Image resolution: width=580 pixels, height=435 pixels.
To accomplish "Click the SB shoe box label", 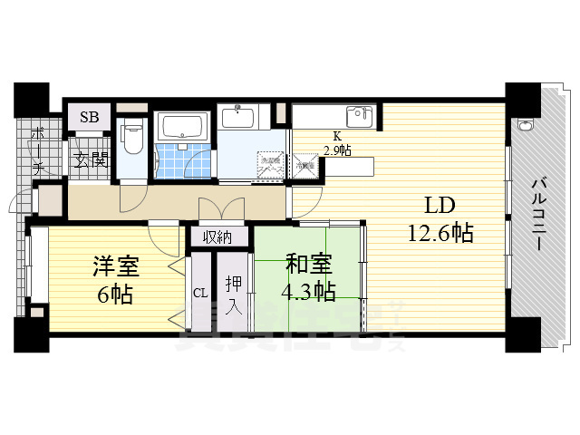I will pyautogui.click(x=90, y=118).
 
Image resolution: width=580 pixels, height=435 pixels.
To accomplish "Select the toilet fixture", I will pyautogui.click(x=134, y=139).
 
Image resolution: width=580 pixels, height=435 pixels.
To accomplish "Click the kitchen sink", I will pyautogui.click(x=360, y=116).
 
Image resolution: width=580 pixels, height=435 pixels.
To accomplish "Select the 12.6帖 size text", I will pyautogui.click(x=440, y=233).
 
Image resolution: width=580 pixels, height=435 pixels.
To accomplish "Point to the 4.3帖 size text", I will pyautogui.click(x=309, y=291).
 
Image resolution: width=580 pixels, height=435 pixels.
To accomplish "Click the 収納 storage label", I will pyautogui.click(x=217, y=237).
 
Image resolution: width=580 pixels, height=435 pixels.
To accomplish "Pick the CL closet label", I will pyautogui.click(x=200, y=292).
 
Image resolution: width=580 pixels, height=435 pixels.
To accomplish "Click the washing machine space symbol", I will pyautogui.click(x=270, y=166).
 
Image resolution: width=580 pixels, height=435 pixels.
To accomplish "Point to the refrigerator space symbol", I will pyautogui.click(x=304, y=165).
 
